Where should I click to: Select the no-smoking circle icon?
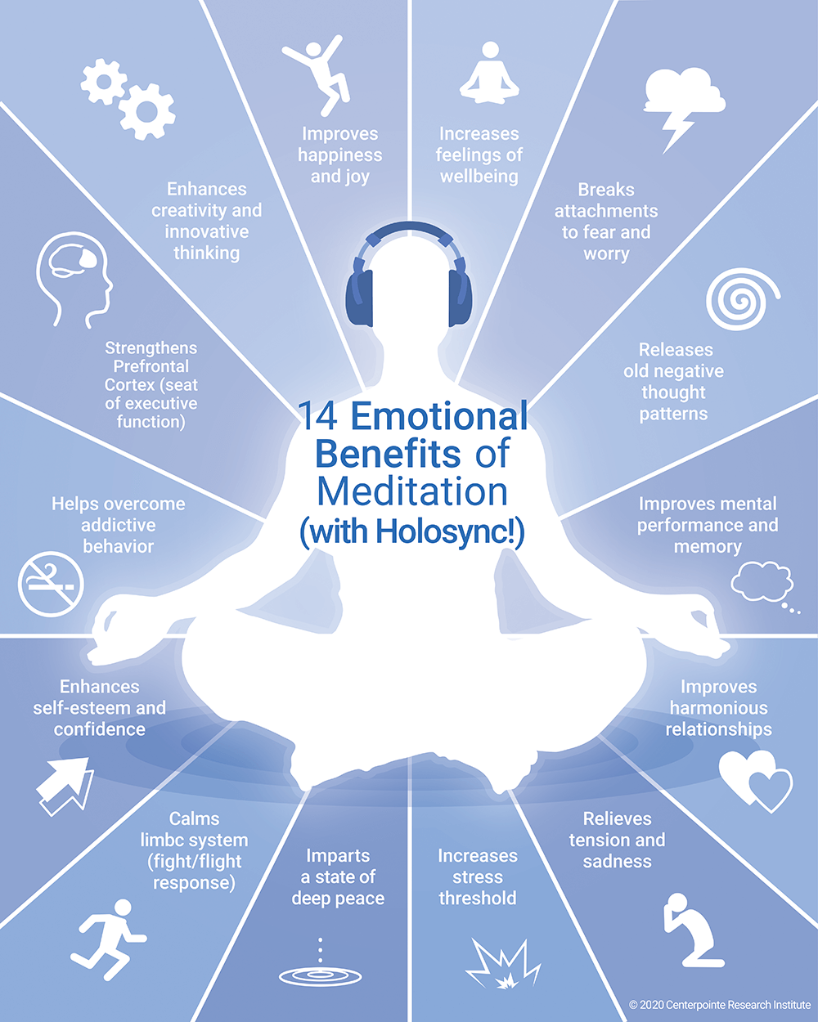click(51, 584)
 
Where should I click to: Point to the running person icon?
click(108, 940)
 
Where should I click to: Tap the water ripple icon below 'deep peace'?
click(320, 977)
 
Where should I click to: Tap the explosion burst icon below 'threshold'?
click(502, 964)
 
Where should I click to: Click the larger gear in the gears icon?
click(147, 112)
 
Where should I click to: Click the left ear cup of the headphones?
click(359, 298)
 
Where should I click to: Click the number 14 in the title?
click(318, 415)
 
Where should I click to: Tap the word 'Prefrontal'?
click(151, 366)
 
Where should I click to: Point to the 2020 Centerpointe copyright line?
click(720, 1005)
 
